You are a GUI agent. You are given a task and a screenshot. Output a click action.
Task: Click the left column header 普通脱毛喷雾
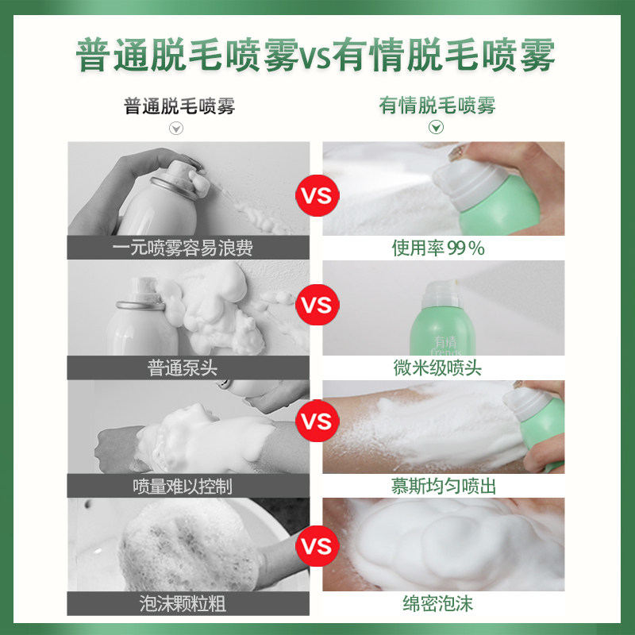point(179,106)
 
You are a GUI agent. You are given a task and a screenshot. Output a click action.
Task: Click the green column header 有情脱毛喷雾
point(437,106)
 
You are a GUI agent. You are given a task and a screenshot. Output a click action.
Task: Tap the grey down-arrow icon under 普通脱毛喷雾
point(177,128)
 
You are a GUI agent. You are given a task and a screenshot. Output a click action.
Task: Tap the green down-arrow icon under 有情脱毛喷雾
point(436,128)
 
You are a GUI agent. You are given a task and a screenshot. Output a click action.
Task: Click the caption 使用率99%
point(438,248)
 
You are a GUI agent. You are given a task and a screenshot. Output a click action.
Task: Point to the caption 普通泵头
point(183,368)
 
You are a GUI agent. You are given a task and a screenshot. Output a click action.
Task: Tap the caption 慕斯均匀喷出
point(443,486)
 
